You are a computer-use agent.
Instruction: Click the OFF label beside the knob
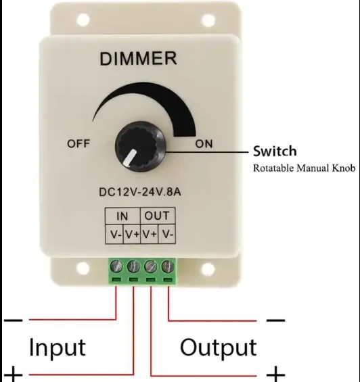(x=78, y=143)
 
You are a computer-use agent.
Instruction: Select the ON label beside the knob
(x=204, y=144)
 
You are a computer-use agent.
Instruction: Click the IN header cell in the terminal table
(x=122, y=217)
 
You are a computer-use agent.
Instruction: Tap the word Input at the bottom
(x=58, y=348)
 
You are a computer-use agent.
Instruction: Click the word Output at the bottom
(x=219, y=348)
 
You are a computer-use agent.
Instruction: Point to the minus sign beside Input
(x=14, y=318)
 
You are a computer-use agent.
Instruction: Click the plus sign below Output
(x=275, y=373)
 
